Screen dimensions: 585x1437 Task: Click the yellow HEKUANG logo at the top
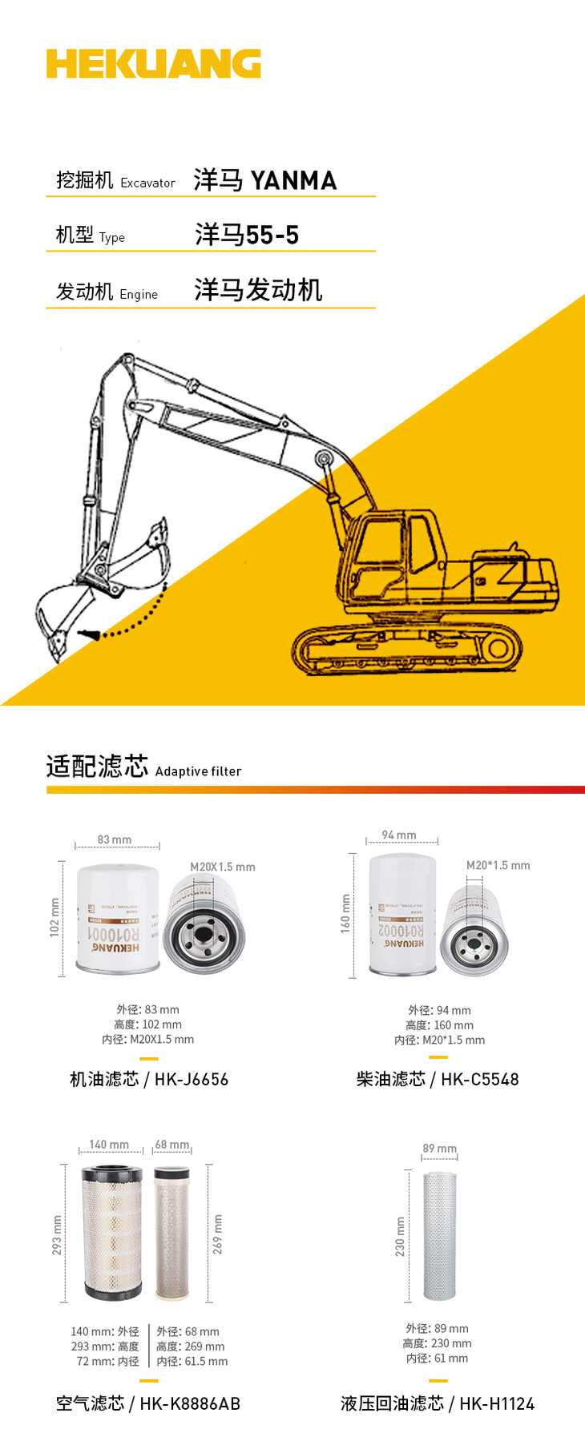(x=153, y=64)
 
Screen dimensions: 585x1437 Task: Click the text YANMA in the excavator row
(x=293, y=181)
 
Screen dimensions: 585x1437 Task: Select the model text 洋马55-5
(x=247, y=235)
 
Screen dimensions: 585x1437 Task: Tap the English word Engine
(x=139, y=295)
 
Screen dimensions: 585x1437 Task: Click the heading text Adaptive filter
(x=198, y=771)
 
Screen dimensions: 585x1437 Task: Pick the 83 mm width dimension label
(x=115, y=839)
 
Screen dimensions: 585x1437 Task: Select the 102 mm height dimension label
(x=54, y=917)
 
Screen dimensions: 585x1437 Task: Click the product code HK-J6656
(x=192, y=1080)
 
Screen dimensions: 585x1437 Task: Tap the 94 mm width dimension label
(x=399, y=835)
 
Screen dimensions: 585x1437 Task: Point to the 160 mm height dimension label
(x=346, y=913)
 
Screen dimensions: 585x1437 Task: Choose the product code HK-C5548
(x=479, y=1080)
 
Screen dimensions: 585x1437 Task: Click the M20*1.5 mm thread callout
(x=498, y=865)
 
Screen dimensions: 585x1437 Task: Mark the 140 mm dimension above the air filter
(x=109, y=1145)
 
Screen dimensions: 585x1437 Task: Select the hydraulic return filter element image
(x=439, y=1234)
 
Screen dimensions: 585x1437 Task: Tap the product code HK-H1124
(x=497, y=1403)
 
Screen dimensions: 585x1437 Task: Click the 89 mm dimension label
(x=439, y=1149)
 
